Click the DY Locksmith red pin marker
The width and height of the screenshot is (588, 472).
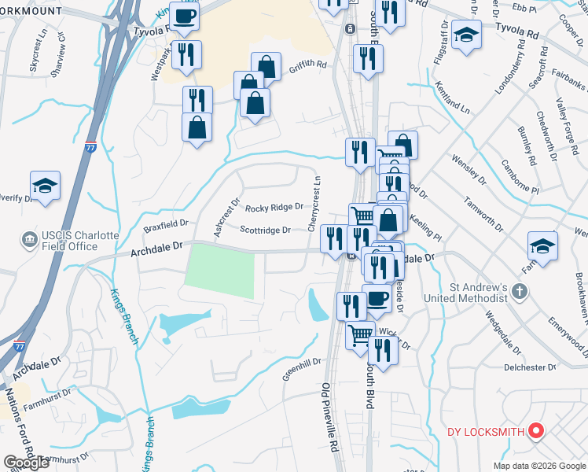coord(537,430)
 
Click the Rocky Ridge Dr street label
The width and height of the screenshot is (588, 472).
coord(274,208)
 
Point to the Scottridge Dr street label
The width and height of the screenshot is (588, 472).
coord(265,230)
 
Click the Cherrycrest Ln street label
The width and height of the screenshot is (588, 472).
coord(316,204)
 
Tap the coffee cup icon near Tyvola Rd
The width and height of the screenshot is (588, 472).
coord(184,17)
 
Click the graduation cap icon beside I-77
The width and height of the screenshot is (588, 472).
coord(45,186)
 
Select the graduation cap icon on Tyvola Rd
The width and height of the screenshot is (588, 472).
coord(467,35)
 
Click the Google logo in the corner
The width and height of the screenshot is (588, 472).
coord(27,463)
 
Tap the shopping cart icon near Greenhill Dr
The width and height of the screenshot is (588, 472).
coord(361,334)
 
